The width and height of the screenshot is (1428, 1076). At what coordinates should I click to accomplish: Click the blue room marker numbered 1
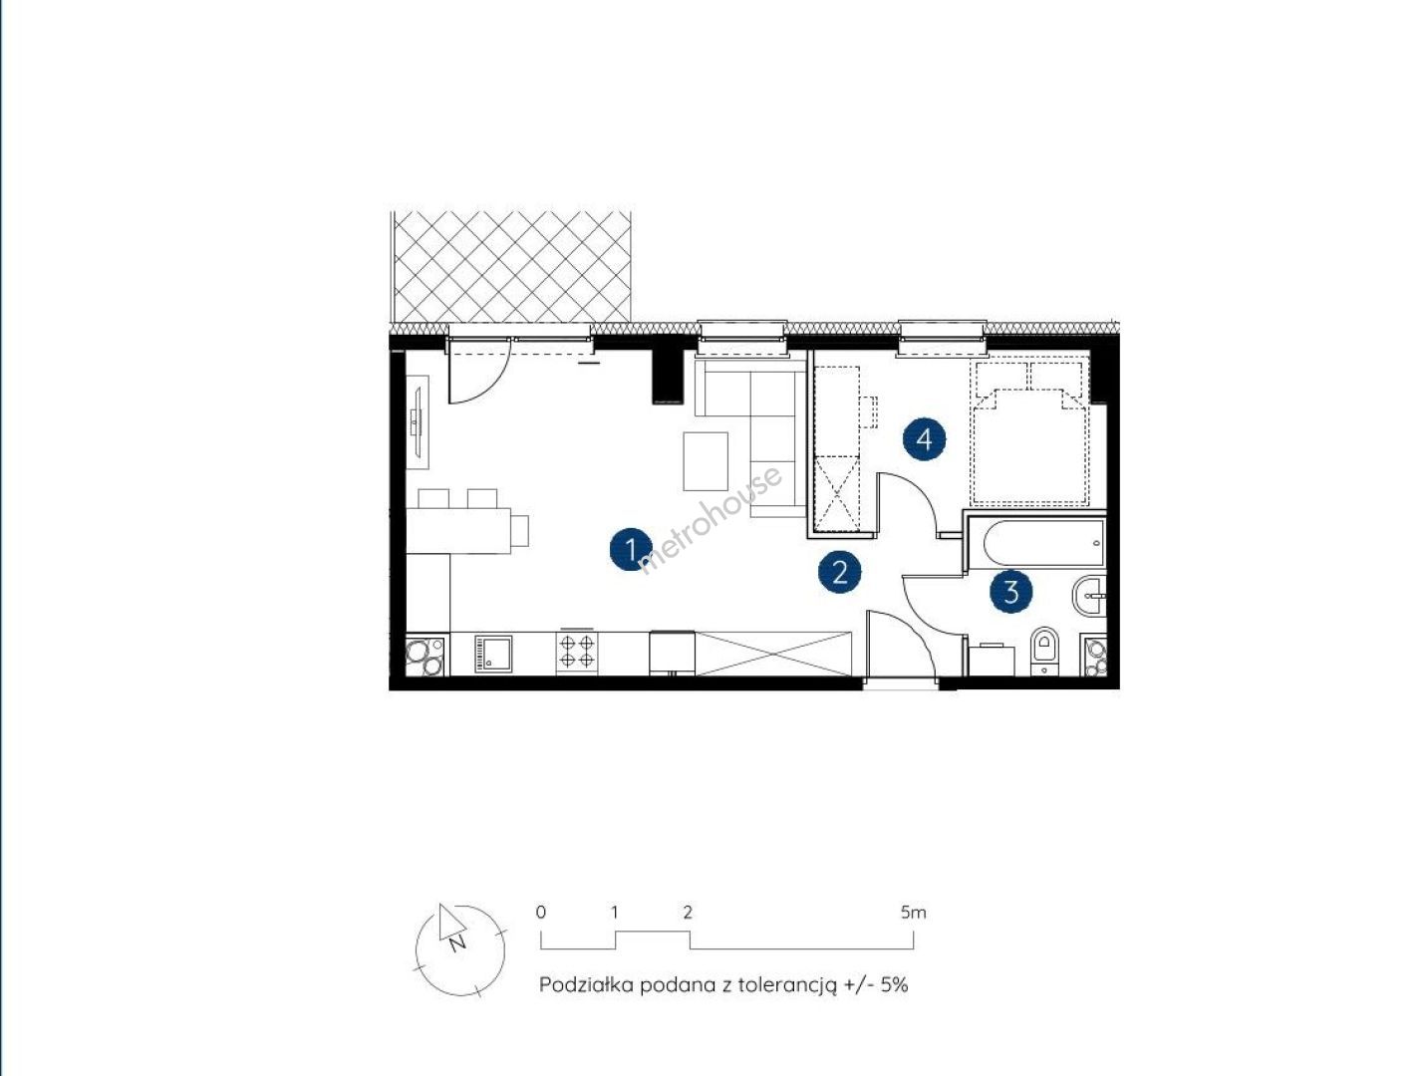click(631, 550)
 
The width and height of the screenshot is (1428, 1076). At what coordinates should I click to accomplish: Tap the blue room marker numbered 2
click(839, 572)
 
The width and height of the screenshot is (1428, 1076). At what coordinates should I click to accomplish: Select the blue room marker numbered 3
click(1011, 592)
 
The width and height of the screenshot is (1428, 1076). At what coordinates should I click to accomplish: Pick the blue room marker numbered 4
click(925, 440)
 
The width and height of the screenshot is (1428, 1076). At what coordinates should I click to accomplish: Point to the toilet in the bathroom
click(1044, 651)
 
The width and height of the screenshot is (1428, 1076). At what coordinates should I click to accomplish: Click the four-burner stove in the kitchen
click(577, 653)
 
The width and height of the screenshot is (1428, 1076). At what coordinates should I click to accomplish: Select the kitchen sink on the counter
click(493, 654)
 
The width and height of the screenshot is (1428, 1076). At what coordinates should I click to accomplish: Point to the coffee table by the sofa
click(706, 461)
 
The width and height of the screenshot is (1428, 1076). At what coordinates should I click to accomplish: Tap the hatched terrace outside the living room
click(511, 267)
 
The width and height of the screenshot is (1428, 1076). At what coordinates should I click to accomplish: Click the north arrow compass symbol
click(459, 950)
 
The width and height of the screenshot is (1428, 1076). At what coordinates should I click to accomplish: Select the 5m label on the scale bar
click(913, 913)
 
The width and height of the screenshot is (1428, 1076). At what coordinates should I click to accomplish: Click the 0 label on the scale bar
click(541, 913)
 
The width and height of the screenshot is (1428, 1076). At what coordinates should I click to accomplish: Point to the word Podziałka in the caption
click(586, 985)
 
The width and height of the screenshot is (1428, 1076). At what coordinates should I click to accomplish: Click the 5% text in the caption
click(894, 985)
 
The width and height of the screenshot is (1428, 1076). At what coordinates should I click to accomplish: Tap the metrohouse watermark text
click(711, 519)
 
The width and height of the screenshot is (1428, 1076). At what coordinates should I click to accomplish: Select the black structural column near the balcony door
click(668, 376)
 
